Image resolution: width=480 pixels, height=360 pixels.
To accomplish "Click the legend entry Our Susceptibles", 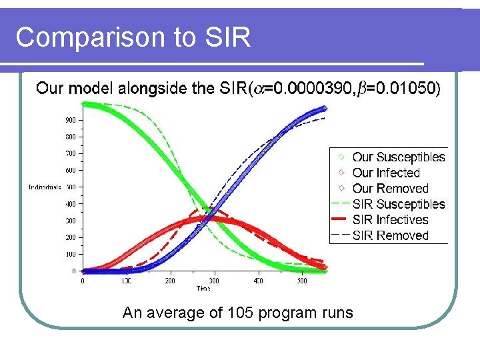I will pyautogui.click(x=398, y=157).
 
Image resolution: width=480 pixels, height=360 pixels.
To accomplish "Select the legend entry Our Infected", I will pyautogui.click(x=386, y=173).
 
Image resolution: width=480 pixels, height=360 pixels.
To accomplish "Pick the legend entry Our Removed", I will pyautogui.click(x=390, y=189).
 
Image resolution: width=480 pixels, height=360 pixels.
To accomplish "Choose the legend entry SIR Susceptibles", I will pyautogui.click(x=398, y=204).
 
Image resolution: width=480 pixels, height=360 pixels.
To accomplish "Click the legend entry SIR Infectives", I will pyautogui.click(x=390, y=219).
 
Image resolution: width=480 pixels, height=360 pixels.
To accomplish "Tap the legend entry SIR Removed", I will pyautogui.click(x=390, y=235).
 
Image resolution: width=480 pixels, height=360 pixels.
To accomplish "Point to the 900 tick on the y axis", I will pyautogui.click(x=70, y=121).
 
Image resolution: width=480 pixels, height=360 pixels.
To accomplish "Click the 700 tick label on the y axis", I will pyautogui.click(x=70, y=154).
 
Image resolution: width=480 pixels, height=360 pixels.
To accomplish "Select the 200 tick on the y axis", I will pyautogui.click(x=70, y=237).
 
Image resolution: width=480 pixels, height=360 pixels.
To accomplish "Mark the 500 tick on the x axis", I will pyautogui.click(x=302, y=281).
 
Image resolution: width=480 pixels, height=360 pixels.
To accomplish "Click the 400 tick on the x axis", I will pyautogui.click(x=258, y=281).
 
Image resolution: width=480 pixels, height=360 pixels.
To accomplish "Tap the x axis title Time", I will pyautogui.click(x=203, y=289).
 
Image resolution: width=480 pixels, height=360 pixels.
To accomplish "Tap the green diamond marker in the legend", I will pyautogui.click(x=340, y=157).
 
